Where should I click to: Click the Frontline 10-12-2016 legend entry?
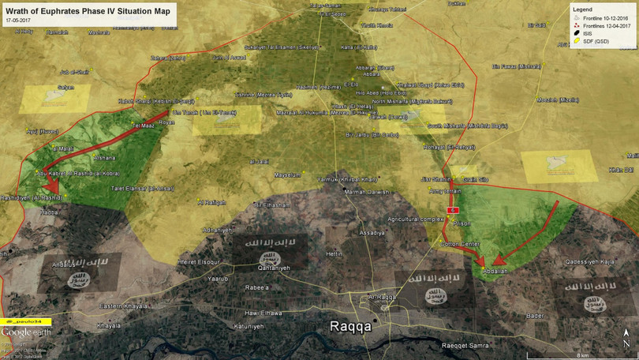607,17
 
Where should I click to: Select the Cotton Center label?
459,244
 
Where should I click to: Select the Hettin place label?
334,253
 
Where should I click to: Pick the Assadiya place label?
372,234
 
